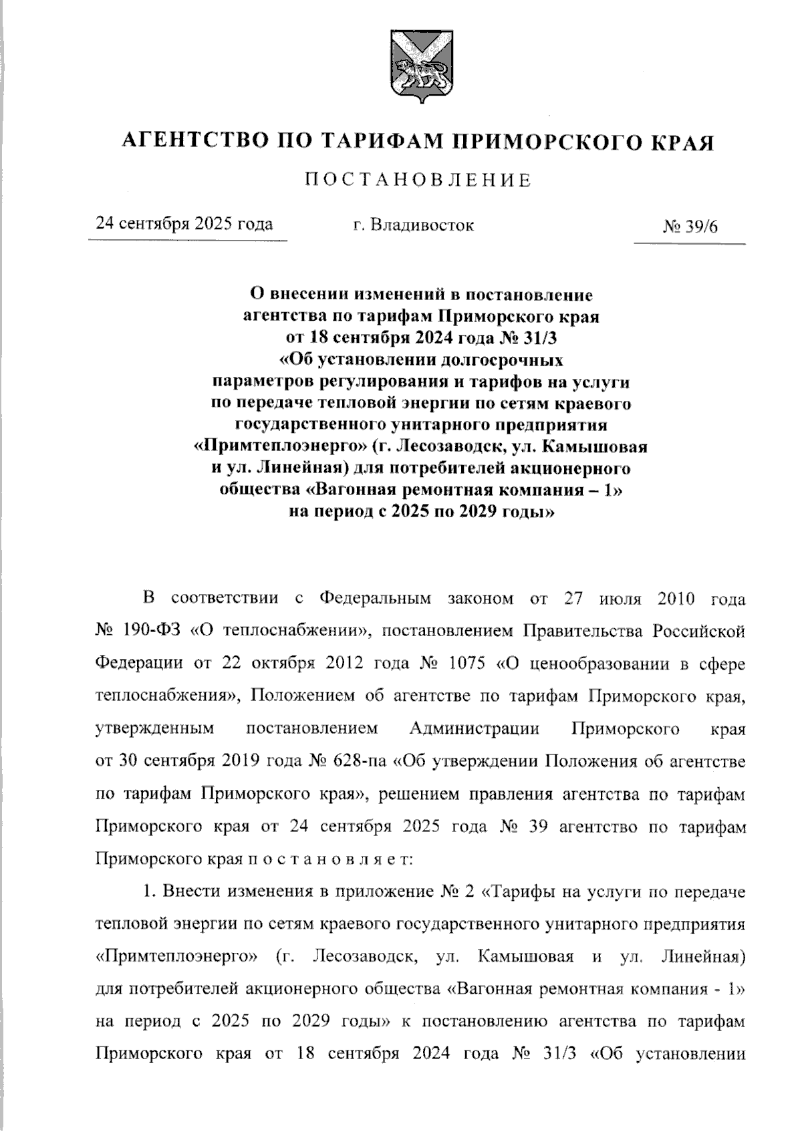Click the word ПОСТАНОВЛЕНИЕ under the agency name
(x=418, y=180)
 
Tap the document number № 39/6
(x=690, y=226)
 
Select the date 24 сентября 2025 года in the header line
(x=184, y=223)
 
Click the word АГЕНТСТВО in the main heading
(x=194, y=142)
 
